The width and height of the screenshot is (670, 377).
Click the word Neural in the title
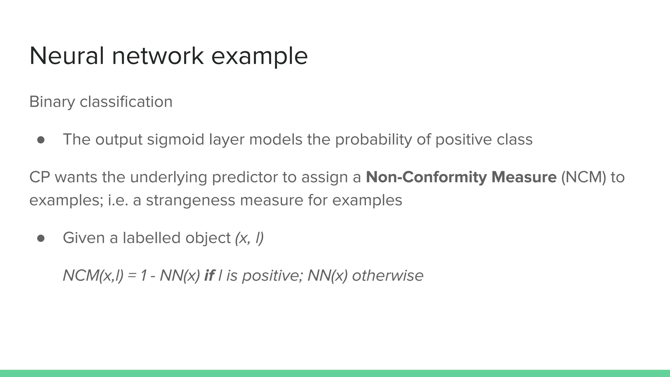67,56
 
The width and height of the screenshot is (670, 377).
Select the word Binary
52,102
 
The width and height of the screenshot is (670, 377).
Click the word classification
126,102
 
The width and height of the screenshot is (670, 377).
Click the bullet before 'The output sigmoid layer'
41,140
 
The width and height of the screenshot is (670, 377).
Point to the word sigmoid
175,140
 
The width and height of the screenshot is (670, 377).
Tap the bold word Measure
524,177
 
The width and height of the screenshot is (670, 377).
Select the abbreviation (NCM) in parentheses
584,177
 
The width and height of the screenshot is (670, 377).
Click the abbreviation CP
40,177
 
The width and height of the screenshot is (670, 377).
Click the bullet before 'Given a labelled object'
41,238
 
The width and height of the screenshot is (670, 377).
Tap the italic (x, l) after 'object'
249,238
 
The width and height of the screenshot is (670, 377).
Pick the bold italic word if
209,276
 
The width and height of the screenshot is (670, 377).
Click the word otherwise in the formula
388,276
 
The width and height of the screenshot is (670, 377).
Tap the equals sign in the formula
132,276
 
